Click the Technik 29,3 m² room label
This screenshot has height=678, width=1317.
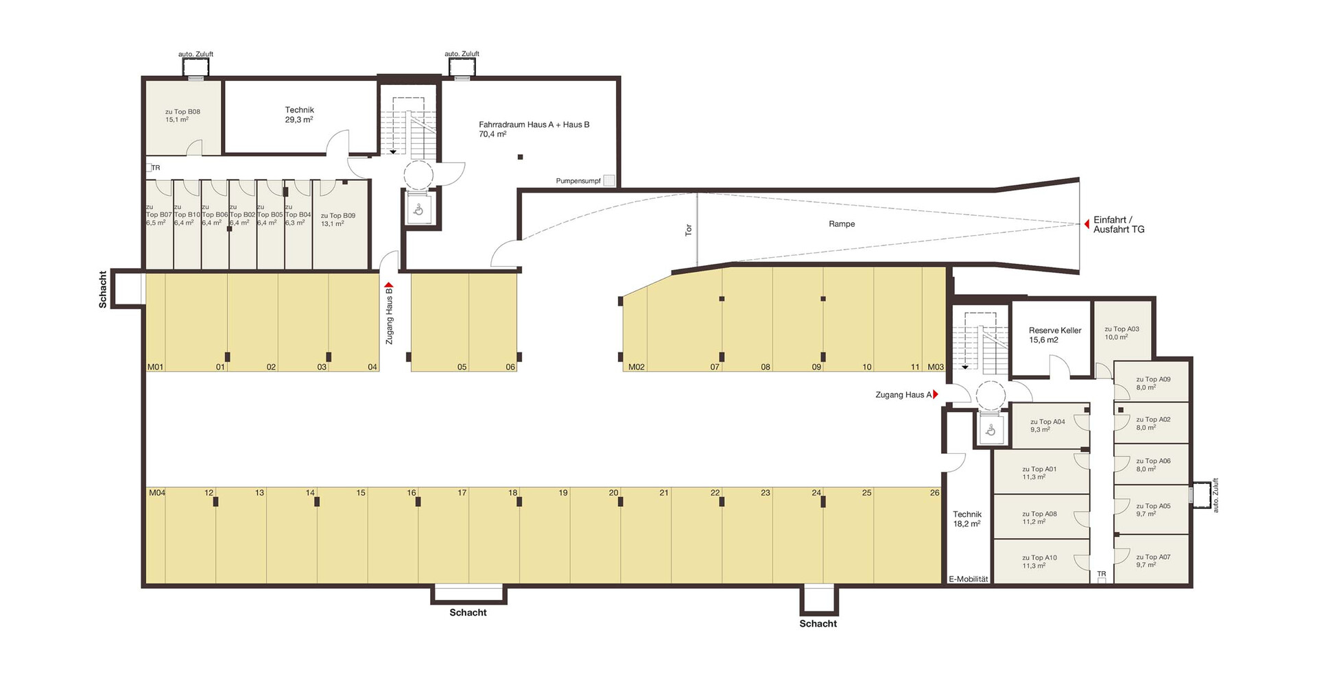(299, 114)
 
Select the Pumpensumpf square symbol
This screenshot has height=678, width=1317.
(609, 181)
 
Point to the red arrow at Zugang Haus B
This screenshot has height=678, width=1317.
(389, 284)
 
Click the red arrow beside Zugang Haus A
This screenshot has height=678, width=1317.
(936, 394)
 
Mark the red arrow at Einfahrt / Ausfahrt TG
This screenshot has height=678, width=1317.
(1087, 224)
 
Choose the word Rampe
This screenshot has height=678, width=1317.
(842, 224)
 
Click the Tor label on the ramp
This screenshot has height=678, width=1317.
(689, 230)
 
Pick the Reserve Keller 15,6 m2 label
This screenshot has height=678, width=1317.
(1055, 335)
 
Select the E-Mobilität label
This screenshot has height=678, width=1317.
(969, 579)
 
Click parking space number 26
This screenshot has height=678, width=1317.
(934, 493)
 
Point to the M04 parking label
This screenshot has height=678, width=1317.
(157, 493)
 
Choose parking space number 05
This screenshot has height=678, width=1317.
(462, 367)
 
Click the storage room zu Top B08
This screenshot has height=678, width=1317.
(183, 117)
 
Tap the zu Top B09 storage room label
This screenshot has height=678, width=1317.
(338, 219)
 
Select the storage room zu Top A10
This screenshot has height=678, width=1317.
(1041, 561)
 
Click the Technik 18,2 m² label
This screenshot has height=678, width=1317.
(967, 519)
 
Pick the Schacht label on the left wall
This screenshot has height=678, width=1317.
(103, 289)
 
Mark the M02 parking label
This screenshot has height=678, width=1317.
(637, 367)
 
